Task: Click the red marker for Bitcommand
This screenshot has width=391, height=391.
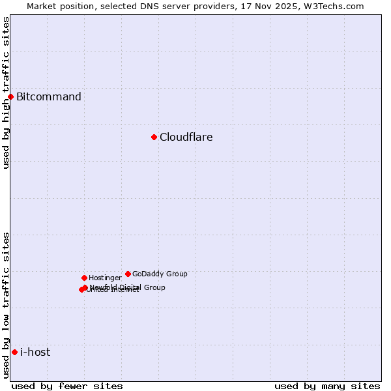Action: click(10, 96)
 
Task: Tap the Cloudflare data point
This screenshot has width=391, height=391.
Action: click(154, 137)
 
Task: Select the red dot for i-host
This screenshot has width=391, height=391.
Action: click(14, 352)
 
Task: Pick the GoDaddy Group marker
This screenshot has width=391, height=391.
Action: click(128, 274)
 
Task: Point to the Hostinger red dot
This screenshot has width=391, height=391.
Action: click(84, 278)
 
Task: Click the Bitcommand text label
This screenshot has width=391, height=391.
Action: click(49, 97)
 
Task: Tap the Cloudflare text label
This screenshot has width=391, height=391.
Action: click(186, 138)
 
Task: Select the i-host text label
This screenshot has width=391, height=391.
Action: click(35, 353)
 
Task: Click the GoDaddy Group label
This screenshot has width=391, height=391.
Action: click(160, 274)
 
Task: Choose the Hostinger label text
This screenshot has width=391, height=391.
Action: click(105, 278)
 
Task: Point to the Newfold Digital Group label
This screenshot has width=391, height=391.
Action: click(128, 287)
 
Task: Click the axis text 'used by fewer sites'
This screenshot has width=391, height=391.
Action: click(67, 386)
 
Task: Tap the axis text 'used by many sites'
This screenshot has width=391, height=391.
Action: click(327, 386)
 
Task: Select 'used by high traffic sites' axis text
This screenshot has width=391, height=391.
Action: click(6, 93)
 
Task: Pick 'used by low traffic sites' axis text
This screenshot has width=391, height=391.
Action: click(6, 305)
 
